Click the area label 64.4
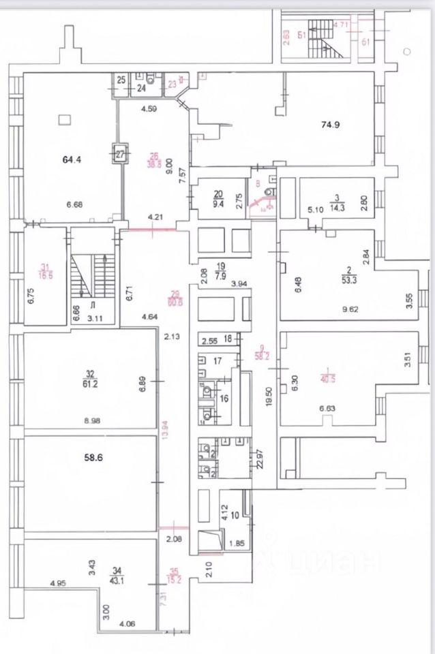[71, 160]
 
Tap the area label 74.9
[331, 124]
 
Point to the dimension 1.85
[235, 543]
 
